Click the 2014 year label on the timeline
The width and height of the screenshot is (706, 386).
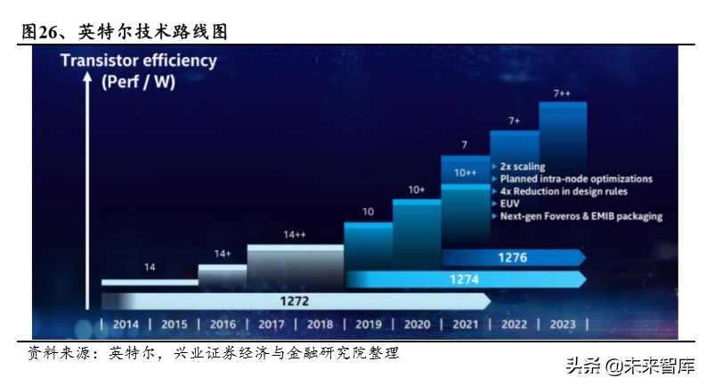point(126,324)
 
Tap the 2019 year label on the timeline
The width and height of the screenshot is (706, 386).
point(368,324)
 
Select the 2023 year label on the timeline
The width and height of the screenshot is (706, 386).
point(563,324)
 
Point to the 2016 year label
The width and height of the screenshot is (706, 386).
point(223,324)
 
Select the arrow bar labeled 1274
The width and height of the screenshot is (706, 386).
point(465,279)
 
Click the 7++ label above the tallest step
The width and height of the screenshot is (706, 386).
point(562,93)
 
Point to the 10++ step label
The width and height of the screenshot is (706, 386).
point(465,173)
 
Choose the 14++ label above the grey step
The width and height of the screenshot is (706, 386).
point(295,235)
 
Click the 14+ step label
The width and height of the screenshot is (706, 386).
point(223,253)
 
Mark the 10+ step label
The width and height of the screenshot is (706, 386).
point(417,189)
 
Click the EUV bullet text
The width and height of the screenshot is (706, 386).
point(510,204)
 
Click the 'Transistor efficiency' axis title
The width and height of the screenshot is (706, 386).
point(138,61)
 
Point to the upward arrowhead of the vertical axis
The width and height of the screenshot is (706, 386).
point(88,79)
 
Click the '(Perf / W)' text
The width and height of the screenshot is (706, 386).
point(139,83)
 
